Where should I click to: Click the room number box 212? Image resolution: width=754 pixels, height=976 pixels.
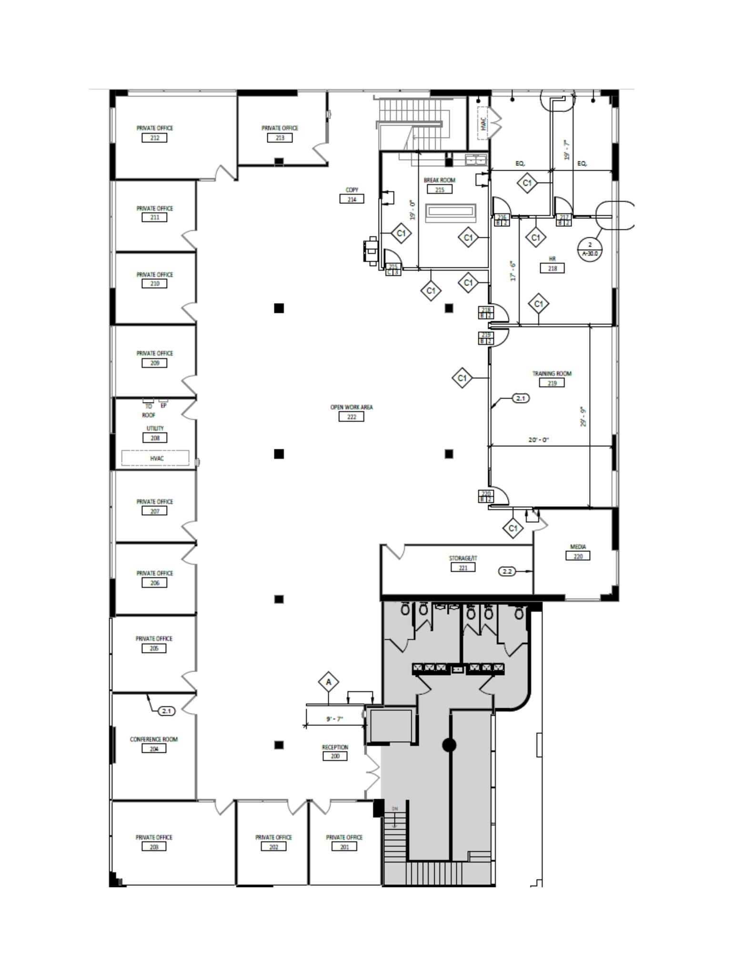coord(154,138)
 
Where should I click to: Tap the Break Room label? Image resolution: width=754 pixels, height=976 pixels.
coord(439,180)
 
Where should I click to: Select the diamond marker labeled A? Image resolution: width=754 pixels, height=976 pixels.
coord(328,682)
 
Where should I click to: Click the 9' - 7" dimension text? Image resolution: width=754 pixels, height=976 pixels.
coord(334,719)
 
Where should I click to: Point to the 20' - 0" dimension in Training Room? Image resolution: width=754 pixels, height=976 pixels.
coord(538,440)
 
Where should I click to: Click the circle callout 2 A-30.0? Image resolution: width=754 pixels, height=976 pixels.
coord(590,249)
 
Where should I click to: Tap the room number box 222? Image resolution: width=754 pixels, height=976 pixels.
coord(351,417)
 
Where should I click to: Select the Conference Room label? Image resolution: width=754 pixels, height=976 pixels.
coord(153,739)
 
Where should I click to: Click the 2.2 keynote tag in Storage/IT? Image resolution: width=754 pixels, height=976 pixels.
coord(507,571)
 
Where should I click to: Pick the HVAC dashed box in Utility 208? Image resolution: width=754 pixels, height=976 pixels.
coord(155,458)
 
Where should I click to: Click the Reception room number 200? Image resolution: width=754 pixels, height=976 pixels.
coord(334,756)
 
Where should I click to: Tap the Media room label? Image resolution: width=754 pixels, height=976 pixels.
coord(577,547)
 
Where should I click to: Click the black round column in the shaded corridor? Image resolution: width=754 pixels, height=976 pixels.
coord(449,745)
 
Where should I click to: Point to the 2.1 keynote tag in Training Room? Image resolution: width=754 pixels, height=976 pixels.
coord(520,398)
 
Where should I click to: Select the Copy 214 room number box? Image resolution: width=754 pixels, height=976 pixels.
coord(352,199)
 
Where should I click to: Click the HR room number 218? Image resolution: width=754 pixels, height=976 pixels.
coord(552,268)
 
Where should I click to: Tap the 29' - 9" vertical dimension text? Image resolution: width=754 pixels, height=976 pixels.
coord(583,417)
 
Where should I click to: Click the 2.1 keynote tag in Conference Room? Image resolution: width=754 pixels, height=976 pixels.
coord(166,711)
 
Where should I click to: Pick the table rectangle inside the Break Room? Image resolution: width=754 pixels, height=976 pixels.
coord(450,213)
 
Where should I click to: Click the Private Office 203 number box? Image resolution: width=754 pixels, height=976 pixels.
coord(154,847)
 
